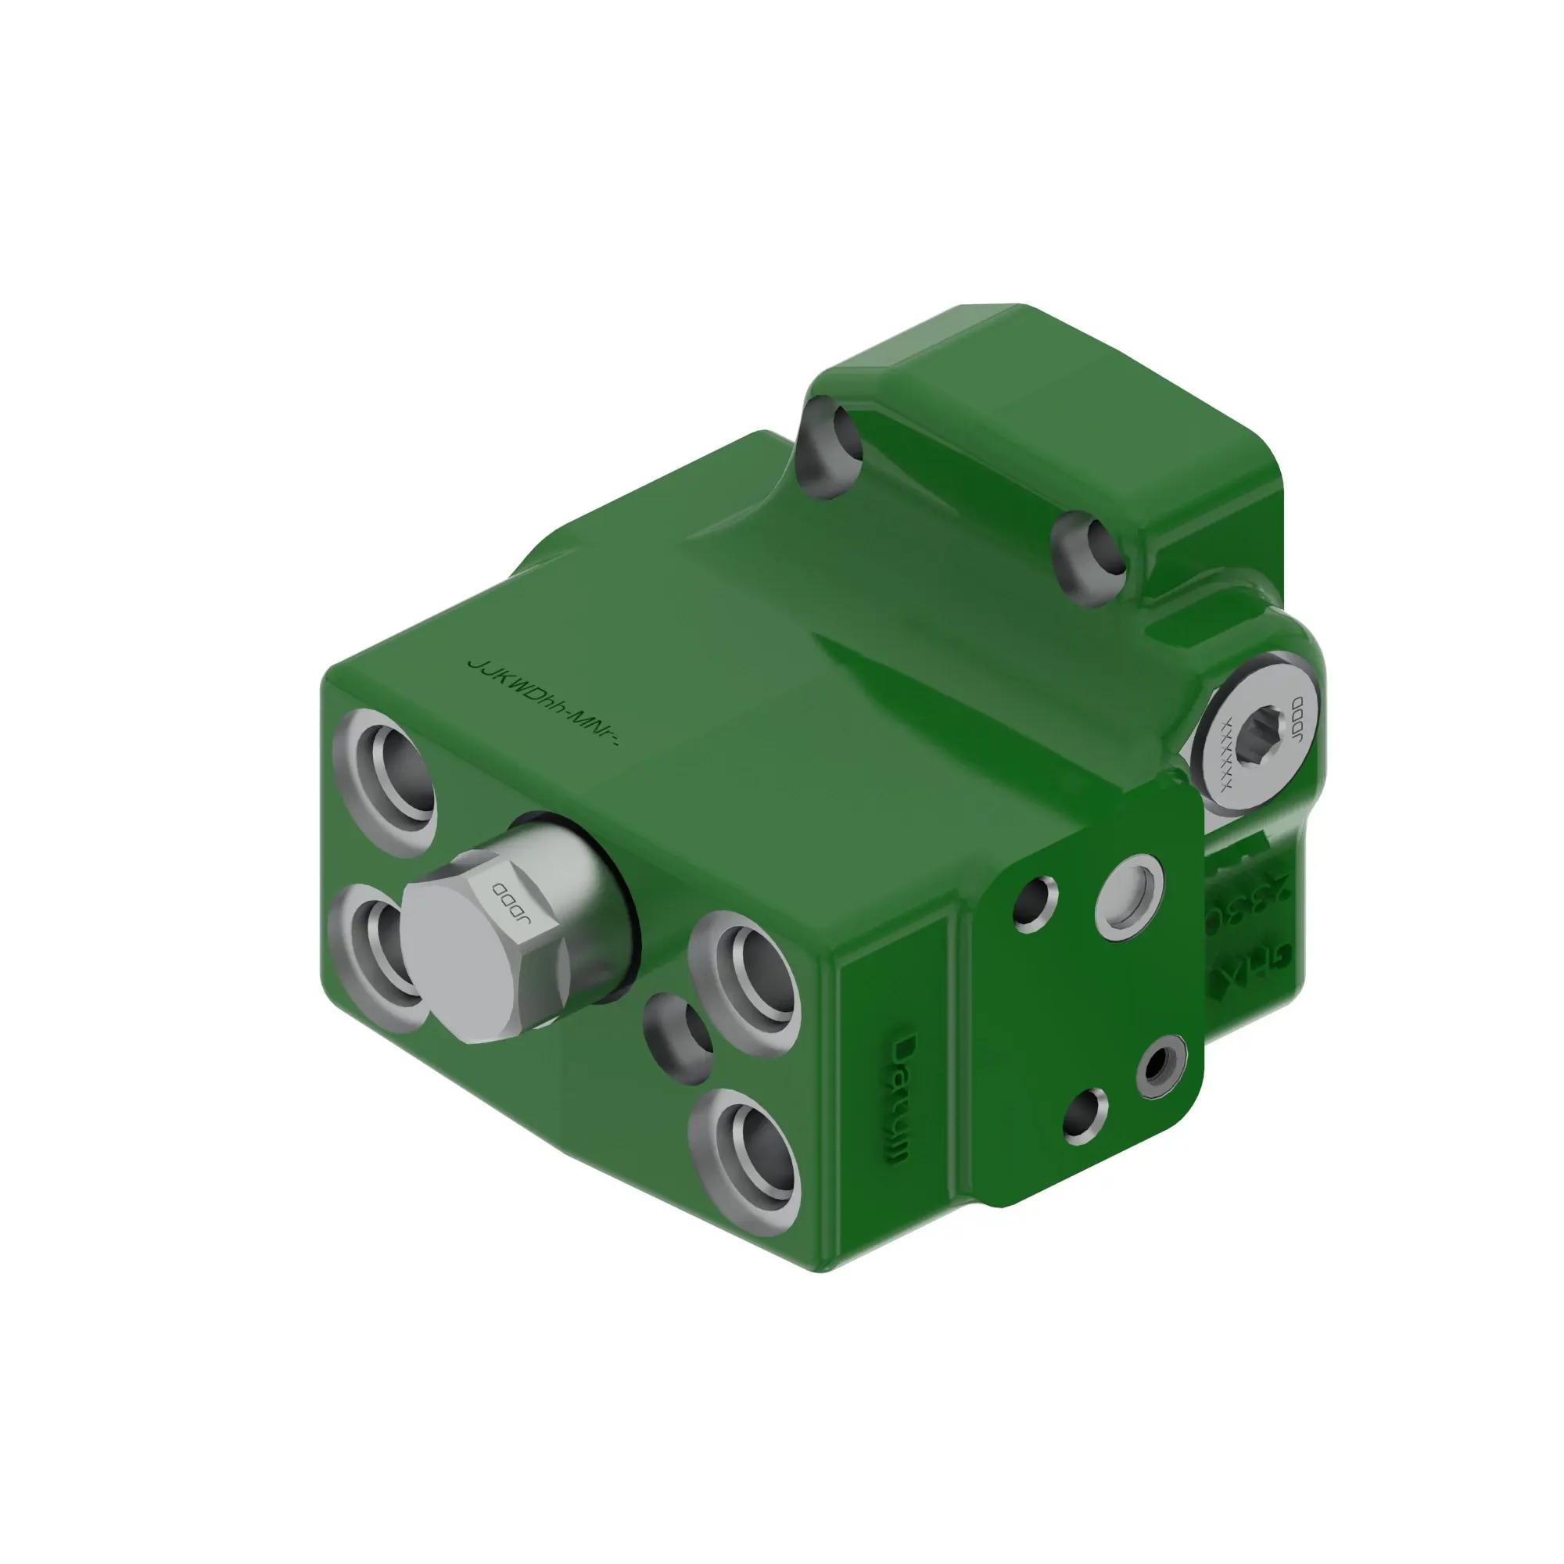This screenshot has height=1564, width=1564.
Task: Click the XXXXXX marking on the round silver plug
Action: click(x=1227, y=753)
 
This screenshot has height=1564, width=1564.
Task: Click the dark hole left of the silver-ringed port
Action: click(x=1035, y=902)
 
